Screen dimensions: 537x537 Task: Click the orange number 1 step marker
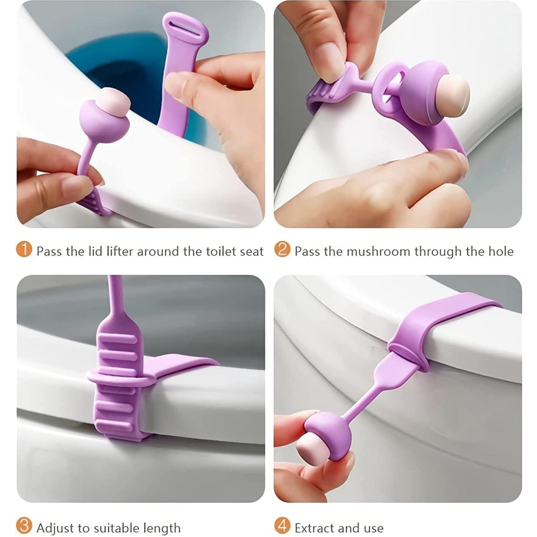[24, 250]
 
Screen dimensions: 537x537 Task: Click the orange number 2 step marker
[282, 250]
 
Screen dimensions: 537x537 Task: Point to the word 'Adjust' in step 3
[56, 528]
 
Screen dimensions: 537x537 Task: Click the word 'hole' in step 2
[501, 251]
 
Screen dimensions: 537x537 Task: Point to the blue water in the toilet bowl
[107, 68]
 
